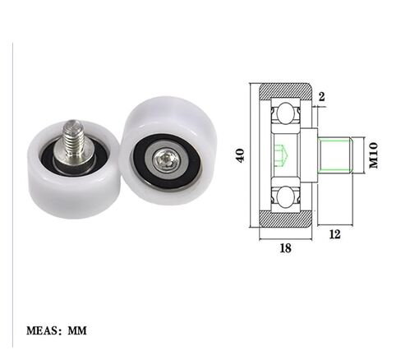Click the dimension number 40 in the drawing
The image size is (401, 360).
[x=241, y=155]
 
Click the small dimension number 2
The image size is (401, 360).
[x=321, y=97]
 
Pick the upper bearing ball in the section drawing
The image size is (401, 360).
[x=286, y=111]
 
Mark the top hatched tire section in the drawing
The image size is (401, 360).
[x=286, y=89]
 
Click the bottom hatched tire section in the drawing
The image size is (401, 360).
[x=286, y=219]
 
